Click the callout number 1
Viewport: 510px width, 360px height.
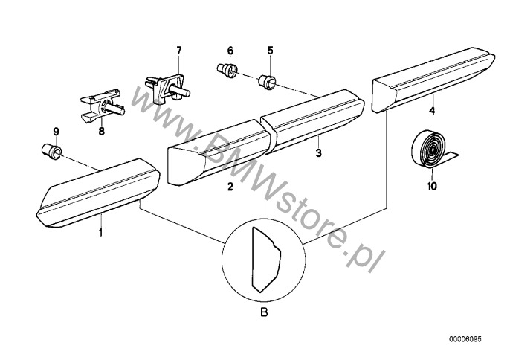point(101,232)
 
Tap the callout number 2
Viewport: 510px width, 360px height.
point(230,187)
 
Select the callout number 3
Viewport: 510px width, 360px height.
point(319,152)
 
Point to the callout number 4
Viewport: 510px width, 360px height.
point(432,111)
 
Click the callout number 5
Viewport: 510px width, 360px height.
point(271,51)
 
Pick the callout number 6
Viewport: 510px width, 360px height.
point(230,51)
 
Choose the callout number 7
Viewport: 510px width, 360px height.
point(179,51)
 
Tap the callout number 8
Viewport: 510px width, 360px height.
point(101,131)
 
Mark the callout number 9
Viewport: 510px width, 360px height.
point(57,132)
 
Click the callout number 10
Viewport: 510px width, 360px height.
point(432,186)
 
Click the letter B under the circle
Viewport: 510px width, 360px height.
point(265,313)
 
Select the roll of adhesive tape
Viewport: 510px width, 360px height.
point(433,149)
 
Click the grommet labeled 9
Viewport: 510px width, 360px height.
point(52,151)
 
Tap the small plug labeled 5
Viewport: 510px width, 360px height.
point(268,83)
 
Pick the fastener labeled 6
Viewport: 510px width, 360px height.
point(227,71)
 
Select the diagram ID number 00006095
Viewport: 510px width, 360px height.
point(465,339)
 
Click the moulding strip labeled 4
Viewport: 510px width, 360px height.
point(433,80)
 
